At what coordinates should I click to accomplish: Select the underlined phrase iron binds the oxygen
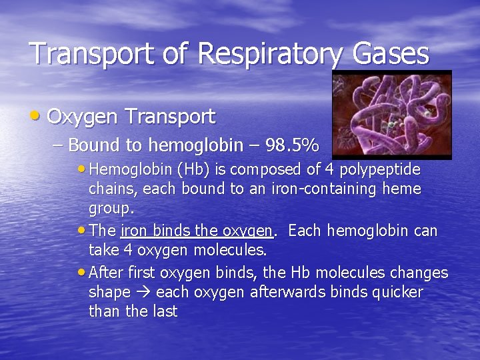197,231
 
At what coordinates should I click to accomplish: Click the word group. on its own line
111,209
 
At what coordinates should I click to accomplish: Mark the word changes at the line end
421,273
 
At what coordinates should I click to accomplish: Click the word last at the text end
163,311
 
